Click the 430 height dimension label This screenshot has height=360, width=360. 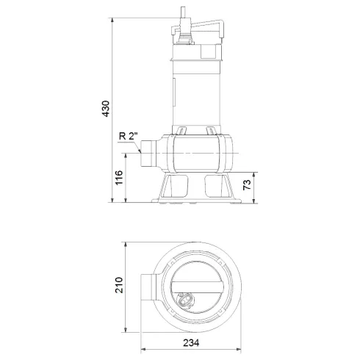coord(105,109)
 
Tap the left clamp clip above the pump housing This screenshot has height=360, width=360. coord(179,132)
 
